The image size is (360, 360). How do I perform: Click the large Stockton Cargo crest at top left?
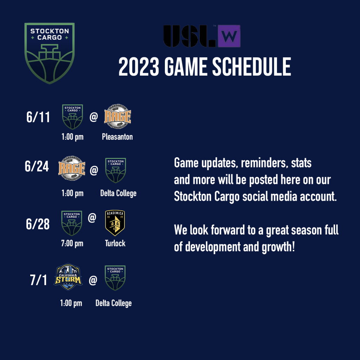[50, 53]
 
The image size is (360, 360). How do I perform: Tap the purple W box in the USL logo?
[229, 36]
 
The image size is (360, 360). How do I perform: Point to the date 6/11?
[38, 117]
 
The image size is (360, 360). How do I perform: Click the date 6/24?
[37, 166]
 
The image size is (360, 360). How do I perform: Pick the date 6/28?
[38, 224]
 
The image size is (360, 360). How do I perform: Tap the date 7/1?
[38, 280]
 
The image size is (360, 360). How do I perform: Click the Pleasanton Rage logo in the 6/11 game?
[117, 116]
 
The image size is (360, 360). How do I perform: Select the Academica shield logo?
[115, 223]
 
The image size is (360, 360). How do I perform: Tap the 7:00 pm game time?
[72, 243]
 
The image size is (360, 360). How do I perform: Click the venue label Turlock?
[115, 243]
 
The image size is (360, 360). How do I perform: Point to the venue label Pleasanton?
[117, 137]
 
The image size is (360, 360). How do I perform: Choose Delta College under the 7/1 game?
[114, 303]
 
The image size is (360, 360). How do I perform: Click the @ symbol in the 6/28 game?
[92, 217]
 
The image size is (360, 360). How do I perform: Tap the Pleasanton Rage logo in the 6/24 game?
[72, 168]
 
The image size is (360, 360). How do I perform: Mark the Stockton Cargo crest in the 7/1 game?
[115, 278]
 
